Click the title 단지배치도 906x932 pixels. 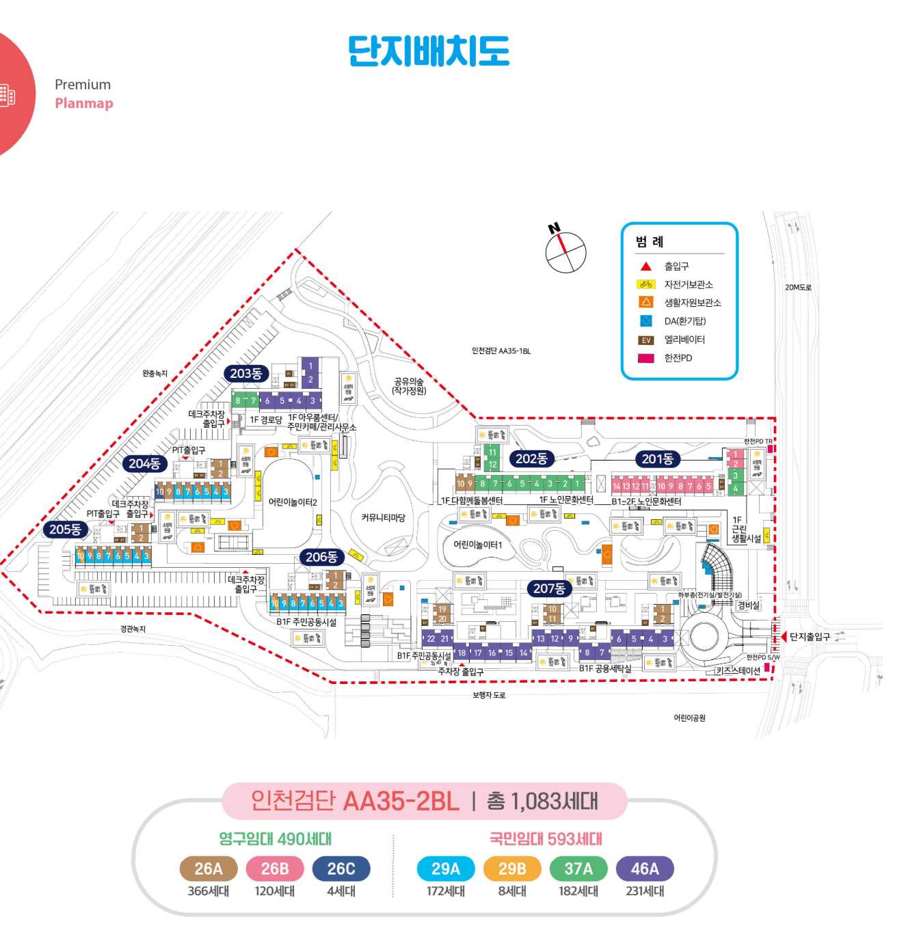429,51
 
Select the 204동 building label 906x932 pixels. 145,464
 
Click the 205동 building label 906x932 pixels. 66,530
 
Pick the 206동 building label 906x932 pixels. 321,557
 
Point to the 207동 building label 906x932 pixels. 549,588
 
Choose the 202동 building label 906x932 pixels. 531,459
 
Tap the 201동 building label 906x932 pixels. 657,459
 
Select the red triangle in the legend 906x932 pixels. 645,266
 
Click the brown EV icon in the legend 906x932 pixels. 645,340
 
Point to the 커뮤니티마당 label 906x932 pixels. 383,518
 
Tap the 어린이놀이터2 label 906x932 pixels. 293,502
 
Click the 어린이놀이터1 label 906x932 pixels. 478,545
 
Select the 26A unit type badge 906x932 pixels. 209,869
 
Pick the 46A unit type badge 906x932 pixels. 645,869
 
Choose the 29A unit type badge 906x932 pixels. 446,869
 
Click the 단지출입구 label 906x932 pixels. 810,637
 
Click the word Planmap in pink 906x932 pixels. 84,103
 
